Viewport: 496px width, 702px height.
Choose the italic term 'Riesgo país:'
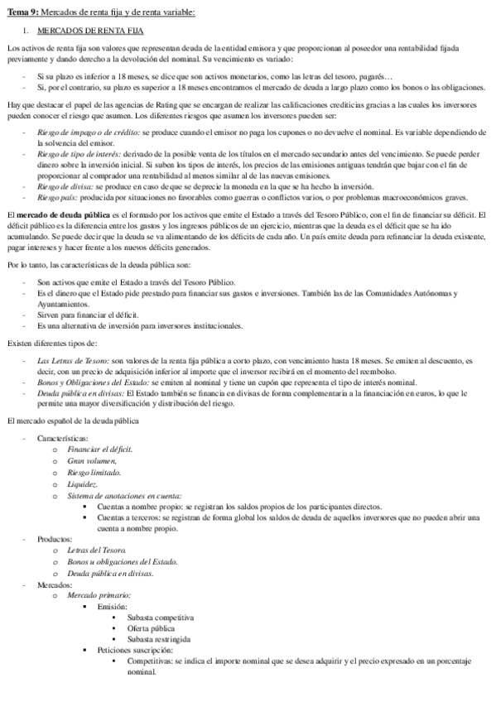(57, 196)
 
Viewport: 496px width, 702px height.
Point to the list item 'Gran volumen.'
(92, 459)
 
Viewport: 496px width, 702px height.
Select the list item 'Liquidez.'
(83, 483)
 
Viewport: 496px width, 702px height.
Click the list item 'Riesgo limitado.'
(95, 472)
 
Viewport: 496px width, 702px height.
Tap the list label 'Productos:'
(55, 538)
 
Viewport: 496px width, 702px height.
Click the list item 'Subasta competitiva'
(161, 617)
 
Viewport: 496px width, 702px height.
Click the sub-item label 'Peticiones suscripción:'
(137, 651)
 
